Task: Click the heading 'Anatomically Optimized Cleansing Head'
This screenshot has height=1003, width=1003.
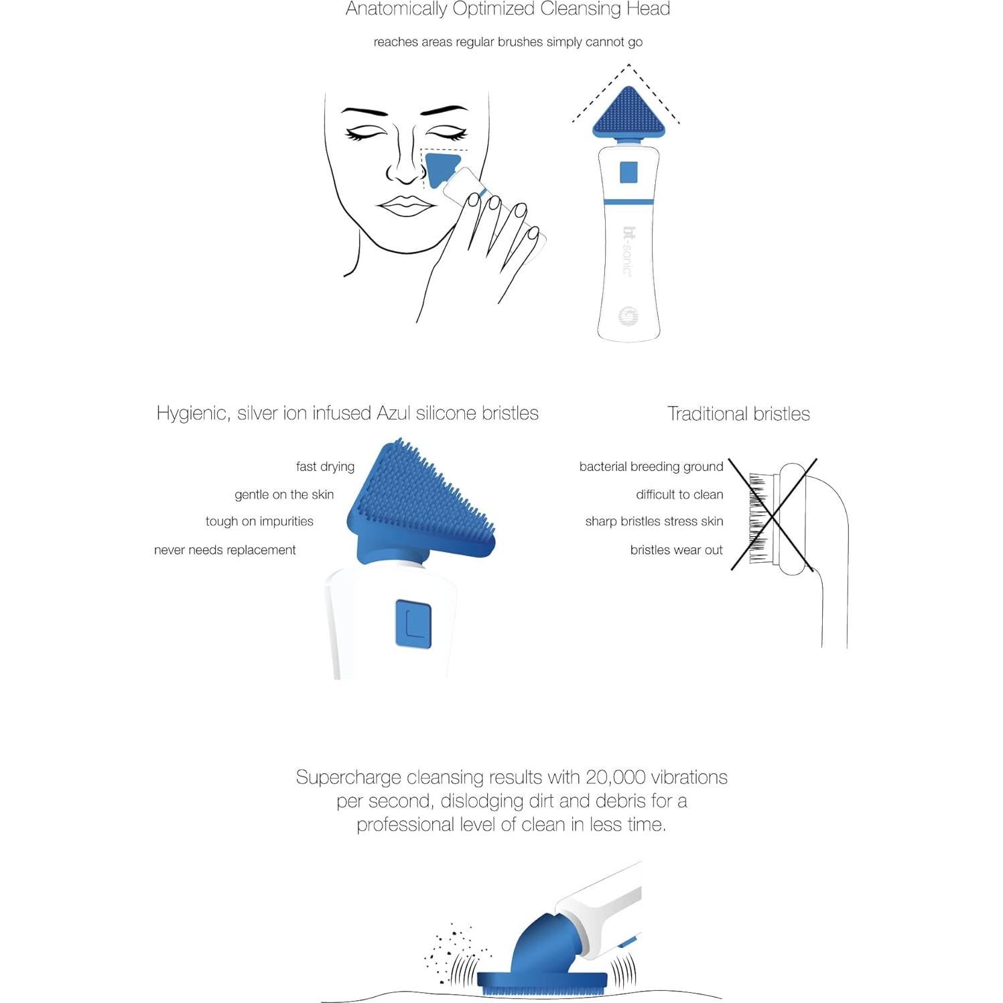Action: (x=507, y=9)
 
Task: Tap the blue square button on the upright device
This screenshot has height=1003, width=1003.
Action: (x=628, y=172)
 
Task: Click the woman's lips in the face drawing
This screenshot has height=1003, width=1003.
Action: (x=405, y=206)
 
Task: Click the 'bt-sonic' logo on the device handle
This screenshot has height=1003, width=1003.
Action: (x=628, y=251)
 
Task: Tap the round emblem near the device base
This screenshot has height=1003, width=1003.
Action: (x=628, y=316)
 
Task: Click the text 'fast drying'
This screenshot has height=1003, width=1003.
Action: (x=325, y=466)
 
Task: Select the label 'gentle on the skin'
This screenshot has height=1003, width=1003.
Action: (x=283, y=494)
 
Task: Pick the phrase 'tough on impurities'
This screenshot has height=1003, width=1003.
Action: (x=259, y=521)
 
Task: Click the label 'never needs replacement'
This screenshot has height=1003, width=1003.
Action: (x=224, y=550)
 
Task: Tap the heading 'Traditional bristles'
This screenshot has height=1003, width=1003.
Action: (x=738, y=414)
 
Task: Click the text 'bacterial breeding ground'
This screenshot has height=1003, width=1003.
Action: (x=651, y=466)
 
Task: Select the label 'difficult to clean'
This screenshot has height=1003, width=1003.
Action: (x=679, y=494)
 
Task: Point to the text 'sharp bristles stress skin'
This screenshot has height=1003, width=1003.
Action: (x=654, y=521)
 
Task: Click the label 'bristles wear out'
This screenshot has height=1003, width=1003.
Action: (x=676, y=550)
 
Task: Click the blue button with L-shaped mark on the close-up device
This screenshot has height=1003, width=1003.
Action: (x=413, y=624)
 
